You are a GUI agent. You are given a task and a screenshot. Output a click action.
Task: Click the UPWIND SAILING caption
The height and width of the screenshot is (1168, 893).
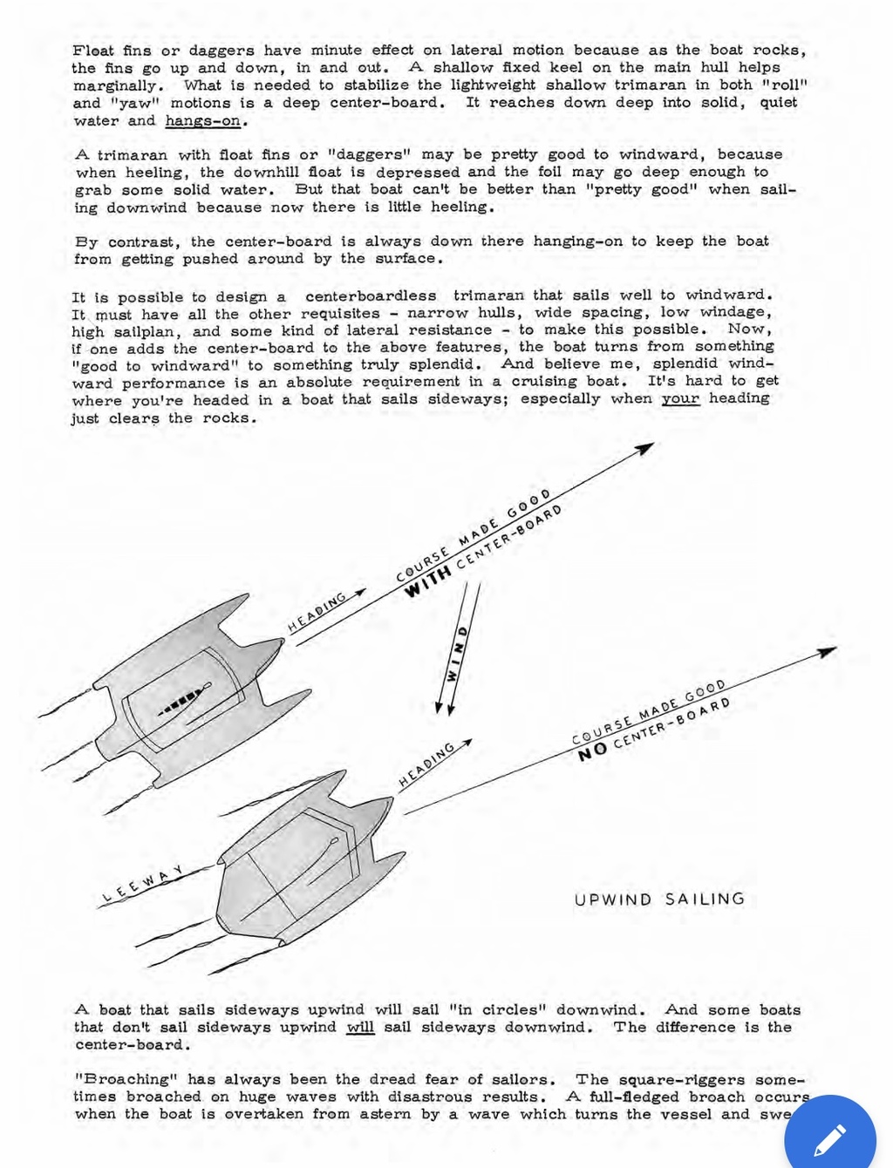(659, 899)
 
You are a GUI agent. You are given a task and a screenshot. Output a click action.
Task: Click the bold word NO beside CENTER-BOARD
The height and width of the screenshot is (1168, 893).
(593, 751)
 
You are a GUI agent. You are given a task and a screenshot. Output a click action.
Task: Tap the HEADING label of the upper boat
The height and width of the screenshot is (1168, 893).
(317, 612)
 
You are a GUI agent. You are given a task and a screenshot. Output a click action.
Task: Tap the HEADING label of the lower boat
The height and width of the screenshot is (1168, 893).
(427, 764)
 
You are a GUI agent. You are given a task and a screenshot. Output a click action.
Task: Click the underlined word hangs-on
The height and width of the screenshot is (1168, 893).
(203, 121)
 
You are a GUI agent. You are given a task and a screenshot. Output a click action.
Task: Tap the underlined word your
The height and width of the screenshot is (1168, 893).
(680, 398)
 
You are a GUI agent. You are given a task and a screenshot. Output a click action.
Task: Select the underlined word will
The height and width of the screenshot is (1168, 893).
(360, 1028)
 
